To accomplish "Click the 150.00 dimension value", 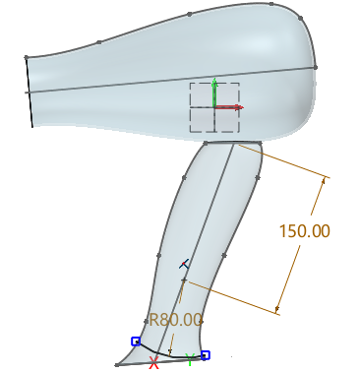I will [x=304, y=232].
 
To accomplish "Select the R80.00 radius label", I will [x=175, y=320].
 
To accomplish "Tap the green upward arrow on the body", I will [x=214, y=87].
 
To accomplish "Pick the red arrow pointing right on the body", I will [x=231, y=106].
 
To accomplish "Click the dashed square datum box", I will [x=214, y=107].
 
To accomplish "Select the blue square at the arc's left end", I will [x=136, y=342].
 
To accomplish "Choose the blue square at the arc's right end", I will [x=205, y=354].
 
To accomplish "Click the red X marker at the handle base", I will [x=153, y=363].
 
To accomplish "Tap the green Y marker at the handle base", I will [x=190, y=359].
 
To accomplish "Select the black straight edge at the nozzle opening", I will [x=30, y=92].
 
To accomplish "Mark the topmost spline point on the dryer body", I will [x=189, y=15].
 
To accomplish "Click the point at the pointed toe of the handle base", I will [x=117, y=365].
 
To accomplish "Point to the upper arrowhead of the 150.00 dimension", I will [x=323, y=180].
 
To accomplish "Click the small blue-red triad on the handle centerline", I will [x=183, y=264].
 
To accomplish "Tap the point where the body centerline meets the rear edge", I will [x=317, y=67].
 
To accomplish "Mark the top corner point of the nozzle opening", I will [x=27, y=57].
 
